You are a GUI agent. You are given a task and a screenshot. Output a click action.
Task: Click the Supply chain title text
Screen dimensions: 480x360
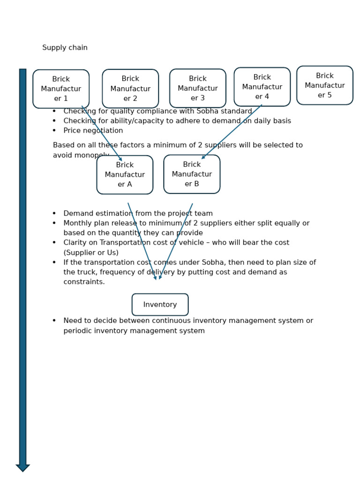click(65, 48)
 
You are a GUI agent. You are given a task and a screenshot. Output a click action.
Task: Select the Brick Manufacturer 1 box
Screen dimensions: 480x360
click(61, 89)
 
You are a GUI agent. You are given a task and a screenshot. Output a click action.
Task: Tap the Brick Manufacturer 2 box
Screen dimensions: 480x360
click(130, 89)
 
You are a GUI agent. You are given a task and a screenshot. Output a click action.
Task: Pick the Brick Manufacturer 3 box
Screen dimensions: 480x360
click(198, 88)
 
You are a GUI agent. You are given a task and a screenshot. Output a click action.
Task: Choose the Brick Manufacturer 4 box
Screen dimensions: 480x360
click(262, 87)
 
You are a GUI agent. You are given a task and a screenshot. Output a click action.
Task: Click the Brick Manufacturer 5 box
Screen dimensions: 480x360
click(325, 85)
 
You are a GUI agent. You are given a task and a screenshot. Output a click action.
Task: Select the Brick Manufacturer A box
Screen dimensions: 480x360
click(125, 175)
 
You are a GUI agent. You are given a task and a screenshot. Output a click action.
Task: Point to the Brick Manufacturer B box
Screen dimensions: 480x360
click(192, 174)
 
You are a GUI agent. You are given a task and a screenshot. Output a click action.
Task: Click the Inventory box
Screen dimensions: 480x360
click(160, 305)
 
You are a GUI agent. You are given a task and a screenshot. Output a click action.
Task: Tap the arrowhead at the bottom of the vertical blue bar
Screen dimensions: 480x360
click(22, 467)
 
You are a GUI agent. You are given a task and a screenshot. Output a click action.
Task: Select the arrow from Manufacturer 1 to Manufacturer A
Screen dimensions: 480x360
click(102, 134)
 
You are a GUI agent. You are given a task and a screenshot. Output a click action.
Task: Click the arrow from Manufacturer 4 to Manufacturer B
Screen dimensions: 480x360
click(232, 132)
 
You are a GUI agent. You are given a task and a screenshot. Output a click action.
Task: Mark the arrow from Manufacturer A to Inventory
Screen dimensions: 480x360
click(142, 241)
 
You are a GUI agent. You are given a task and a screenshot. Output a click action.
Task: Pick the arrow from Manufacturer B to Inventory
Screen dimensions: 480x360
click(176, 241)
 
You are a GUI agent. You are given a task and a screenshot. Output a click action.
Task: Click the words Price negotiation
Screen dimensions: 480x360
click(93, 131)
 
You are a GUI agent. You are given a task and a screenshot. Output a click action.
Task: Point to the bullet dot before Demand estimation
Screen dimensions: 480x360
click(54, 213)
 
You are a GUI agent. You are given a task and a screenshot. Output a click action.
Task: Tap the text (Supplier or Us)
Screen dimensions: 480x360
click(91, 253)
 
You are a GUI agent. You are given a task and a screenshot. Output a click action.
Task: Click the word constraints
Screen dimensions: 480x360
click(84, 282)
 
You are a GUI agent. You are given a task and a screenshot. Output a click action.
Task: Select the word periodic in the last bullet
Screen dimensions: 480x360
click(78, 331)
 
